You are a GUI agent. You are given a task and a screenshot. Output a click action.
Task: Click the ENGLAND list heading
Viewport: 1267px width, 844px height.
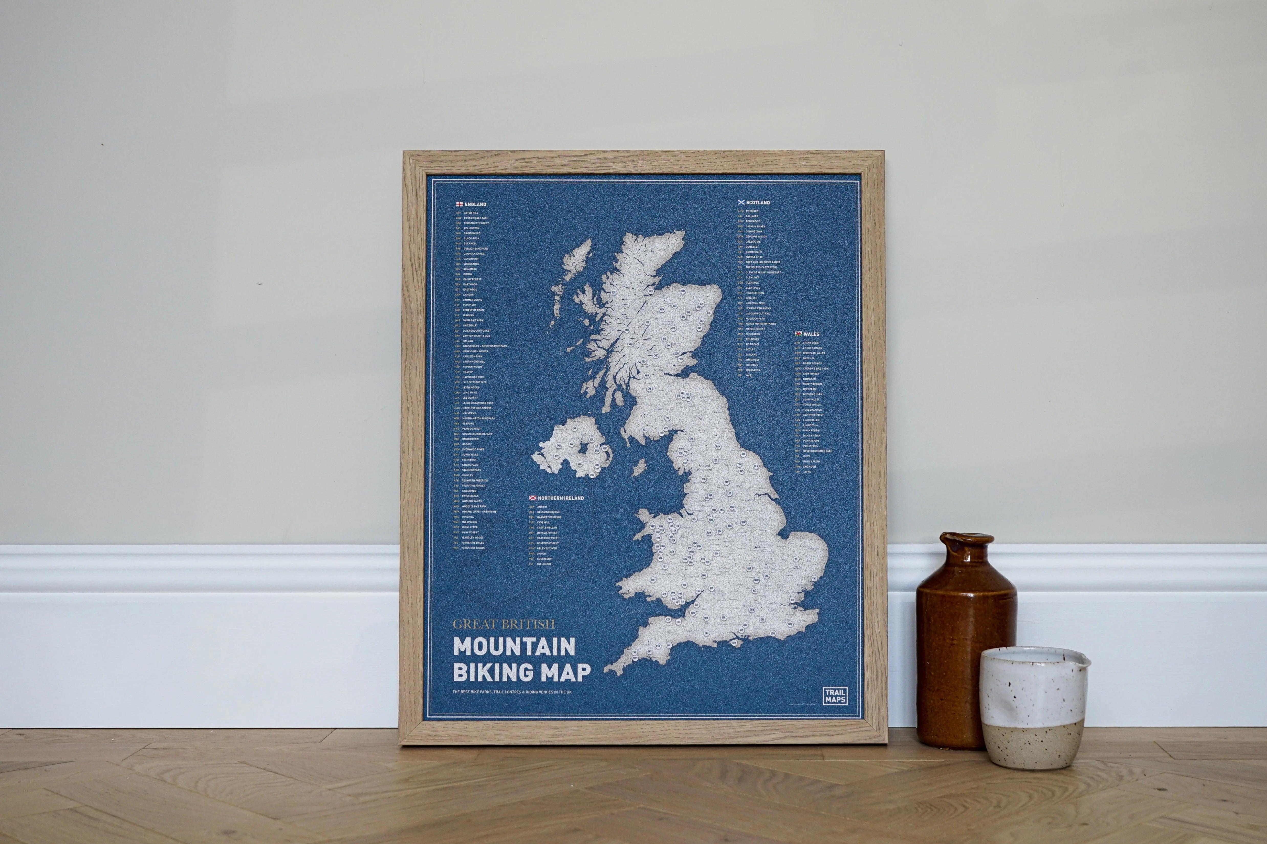click(x=475, y=205)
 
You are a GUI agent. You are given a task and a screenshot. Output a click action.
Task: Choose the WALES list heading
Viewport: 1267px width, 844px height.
click(x=811, y=334)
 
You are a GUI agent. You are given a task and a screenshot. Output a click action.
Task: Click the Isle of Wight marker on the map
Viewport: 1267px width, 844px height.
click(x=733, y=644)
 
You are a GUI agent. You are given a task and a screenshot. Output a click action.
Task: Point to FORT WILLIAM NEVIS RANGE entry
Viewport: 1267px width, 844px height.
click(x=762, y=262)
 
